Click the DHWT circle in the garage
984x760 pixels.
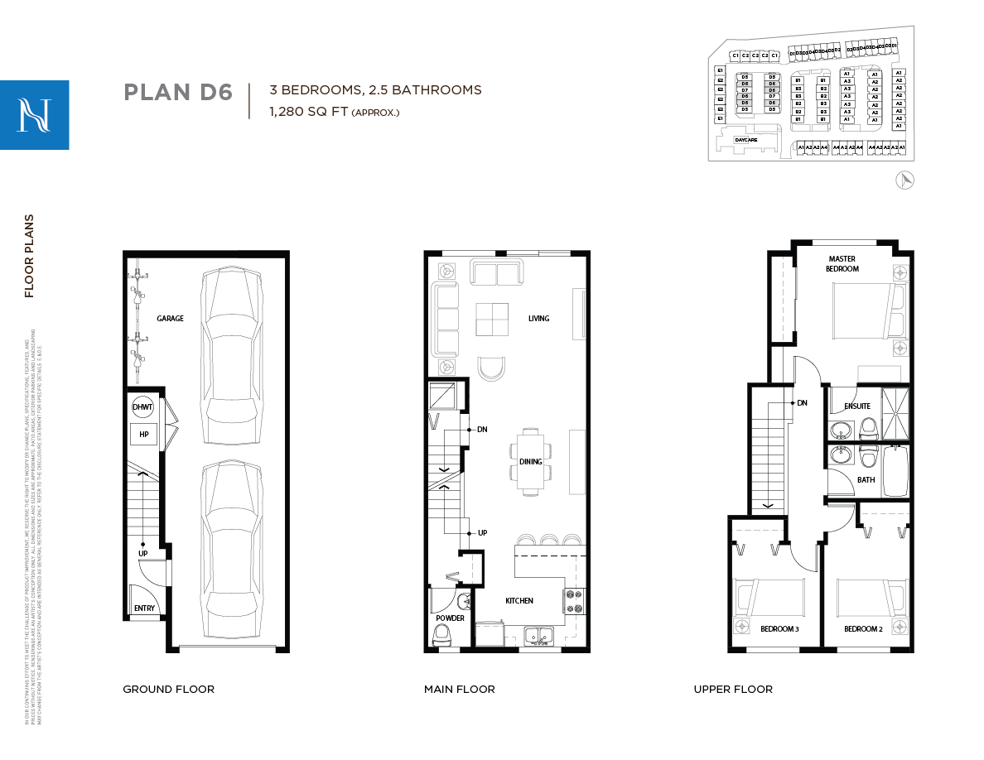[142, 406]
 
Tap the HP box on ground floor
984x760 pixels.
[143, 434]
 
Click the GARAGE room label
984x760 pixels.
[170, 319]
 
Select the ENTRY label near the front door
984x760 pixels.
[144, 608]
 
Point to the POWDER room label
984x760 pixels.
[450, 618]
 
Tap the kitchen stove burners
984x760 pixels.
[572, 601]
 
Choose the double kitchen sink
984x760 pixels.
[538, 637]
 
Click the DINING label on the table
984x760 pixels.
[530, 462]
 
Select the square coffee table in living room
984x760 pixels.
[493, 320]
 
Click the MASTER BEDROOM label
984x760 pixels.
[842, 264]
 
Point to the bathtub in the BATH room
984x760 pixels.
[895, 472]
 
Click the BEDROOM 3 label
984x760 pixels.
[779, 629]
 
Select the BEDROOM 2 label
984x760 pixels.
[863, 629]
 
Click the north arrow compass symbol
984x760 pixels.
[905, 180]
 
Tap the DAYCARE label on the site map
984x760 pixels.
[745, 141]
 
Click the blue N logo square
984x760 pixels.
[35, 115]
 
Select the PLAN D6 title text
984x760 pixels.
[177, 92]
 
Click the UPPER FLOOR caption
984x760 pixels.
[733, 689]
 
